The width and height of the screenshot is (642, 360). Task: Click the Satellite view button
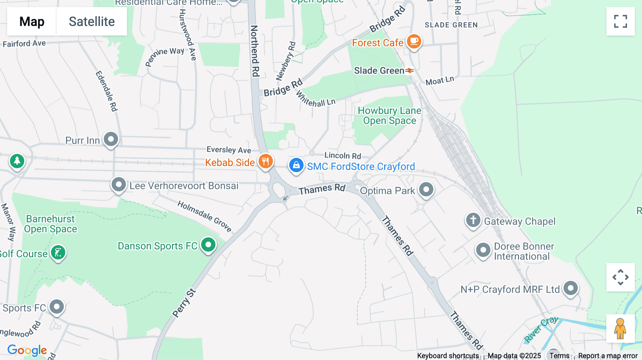point(92,21)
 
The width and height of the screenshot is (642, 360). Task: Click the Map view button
point(32,21)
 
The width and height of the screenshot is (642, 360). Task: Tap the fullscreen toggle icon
point(620,21)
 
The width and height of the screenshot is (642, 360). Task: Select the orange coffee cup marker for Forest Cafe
point(414,41)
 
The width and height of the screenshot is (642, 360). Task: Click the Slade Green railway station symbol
point(409,71)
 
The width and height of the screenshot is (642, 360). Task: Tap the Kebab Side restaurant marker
point(265,161)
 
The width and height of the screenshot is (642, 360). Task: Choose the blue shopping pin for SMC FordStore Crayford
point(296,165)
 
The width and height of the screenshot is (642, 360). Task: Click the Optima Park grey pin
point(426,189)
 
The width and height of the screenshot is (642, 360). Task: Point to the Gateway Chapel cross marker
point(473,220)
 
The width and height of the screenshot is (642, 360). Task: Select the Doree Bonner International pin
point(483,250)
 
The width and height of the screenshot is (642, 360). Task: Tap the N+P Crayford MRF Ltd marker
point(571,288)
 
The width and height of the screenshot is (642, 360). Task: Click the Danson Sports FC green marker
point(208,245)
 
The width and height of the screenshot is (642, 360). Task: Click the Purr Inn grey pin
point(111,139)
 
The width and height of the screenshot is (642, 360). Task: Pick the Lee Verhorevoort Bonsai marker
point(119,185)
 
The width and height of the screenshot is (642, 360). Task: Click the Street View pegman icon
point(620,329)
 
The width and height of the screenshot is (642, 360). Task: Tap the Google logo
point(27,350)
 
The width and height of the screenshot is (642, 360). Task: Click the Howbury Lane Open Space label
point(389,115)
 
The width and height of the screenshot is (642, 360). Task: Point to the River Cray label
point(541,329)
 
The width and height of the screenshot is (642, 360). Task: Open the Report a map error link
point(608,356)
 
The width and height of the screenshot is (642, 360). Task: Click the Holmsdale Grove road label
point(204,216)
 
